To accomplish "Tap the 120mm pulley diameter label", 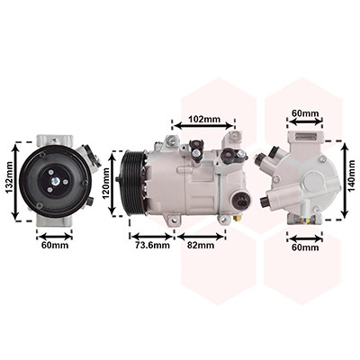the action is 106,184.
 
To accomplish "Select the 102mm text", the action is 204,119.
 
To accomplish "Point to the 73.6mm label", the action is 152,245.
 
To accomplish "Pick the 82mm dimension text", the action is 201,245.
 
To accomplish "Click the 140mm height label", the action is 352,175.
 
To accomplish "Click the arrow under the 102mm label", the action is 203,126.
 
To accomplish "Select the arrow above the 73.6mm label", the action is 152,237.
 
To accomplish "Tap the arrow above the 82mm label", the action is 201,237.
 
